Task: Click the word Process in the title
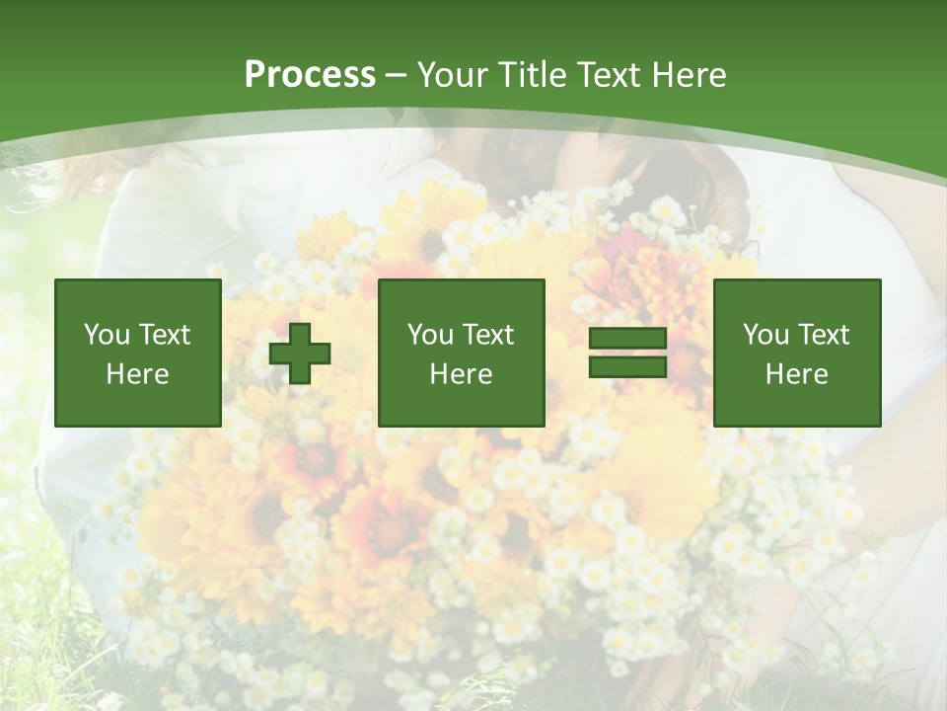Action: pos(310,75)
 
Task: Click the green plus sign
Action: pos(300,354)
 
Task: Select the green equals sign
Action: pos(627,354)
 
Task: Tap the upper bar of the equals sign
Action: pos(627,339)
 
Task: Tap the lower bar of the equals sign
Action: pos(627,367)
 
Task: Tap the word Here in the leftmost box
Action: pos(138,374)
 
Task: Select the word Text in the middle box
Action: pos(488,335)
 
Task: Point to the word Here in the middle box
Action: pos(462,374)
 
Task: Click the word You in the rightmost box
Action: pos(766,335)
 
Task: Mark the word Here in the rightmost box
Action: pos(797,374)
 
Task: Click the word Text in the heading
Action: pos(608,75)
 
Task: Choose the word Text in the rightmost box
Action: pos(824,335)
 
